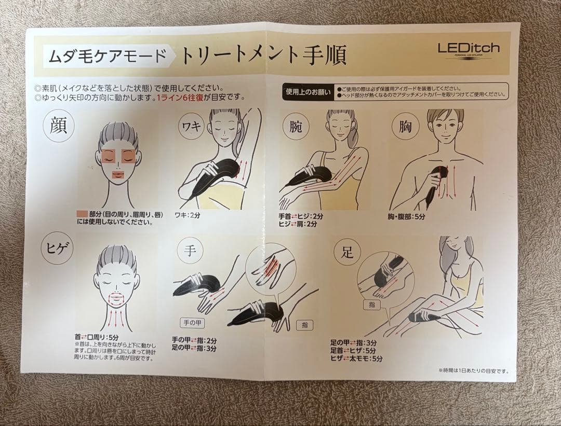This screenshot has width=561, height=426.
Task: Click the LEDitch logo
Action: tap(468, 49)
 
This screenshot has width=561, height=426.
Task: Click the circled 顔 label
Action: tap(59, 126)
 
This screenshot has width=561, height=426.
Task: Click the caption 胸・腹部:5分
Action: tap(406, 217)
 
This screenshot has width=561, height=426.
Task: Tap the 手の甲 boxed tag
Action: tap(190, 322)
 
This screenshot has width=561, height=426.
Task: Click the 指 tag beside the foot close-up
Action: tap(371, 305)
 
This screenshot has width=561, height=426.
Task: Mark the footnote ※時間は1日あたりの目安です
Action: tap(473, 370)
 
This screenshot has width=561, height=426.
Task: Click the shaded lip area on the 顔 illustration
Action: tap(117, 175)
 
